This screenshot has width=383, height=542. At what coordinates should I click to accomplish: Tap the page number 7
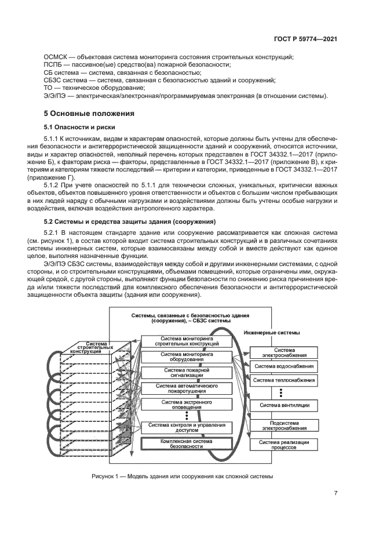[335, 493]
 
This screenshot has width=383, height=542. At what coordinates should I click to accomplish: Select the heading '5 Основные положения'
[89, 113]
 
